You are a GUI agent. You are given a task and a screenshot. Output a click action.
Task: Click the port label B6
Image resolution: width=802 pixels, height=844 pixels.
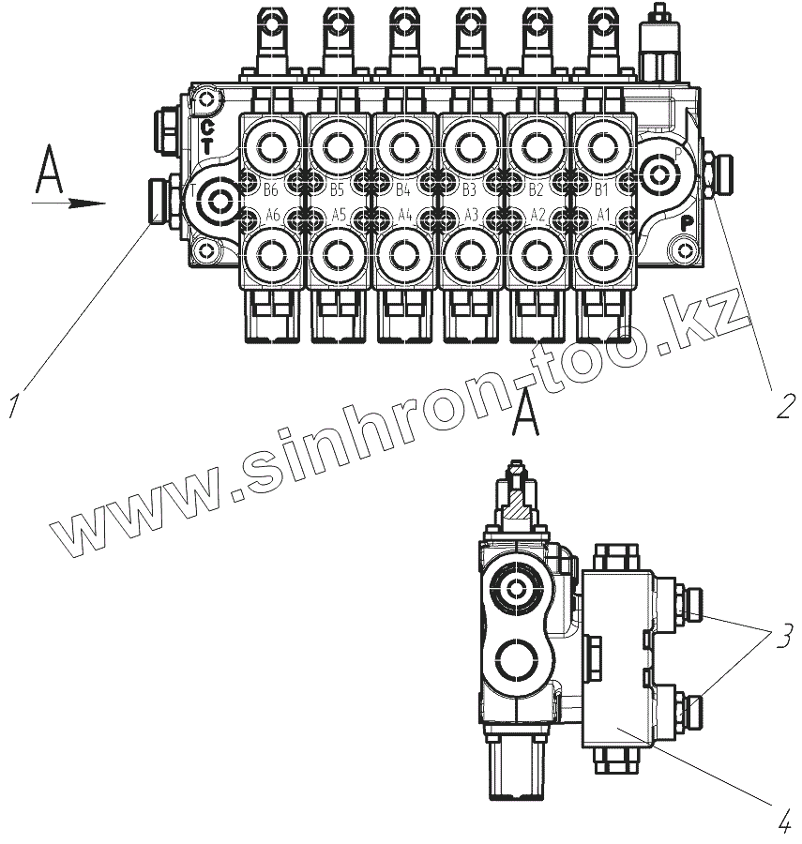[x=272, y=187]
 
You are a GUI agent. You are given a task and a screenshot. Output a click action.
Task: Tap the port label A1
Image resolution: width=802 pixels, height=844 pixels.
[x=603, y=215]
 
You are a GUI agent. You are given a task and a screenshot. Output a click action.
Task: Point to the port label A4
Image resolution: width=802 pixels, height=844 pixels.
[x=405, y=215]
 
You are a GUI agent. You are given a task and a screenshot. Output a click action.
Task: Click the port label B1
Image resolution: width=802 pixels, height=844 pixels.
[x=603, y=187]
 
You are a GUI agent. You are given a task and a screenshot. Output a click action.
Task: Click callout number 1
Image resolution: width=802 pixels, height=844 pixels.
[x=16, y=406]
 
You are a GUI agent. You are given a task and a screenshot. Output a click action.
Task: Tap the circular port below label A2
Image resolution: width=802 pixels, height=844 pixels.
[x=537, y=254]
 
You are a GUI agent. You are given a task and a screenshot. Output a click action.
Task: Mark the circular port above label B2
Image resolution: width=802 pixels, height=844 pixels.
[x=537, y=145]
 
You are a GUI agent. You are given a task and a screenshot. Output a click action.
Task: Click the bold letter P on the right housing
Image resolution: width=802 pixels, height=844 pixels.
[x=687, y=223]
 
